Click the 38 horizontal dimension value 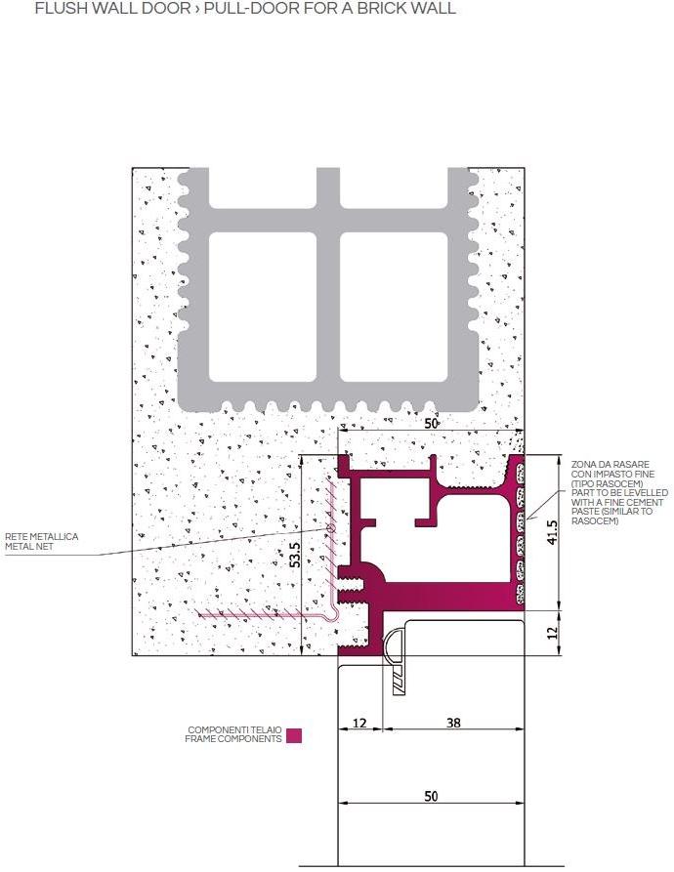453,724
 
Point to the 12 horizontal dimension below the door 358,724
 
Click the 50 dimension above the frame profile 431,423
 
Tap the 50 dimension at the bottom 431,797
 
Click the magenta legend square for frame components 294,735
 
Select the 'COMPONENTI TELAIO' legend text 234,730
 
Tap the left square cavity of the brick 263,306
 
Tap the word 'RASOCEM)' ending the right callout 594,521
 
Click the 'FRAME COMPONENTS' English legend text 233,739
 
